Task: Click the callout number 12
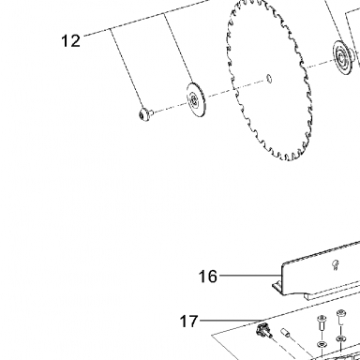[71, 41]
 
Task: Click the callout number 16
[207, 277]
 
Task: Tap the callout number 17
[188, 322]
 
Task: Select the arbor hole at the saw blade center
[269, 79]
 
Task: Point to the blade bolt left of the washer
[145, 114]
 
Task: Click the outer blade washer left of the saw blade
[196, 99]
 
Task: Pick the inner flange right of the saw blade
[342, 57]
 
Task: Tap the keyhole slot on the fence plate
[335, 265]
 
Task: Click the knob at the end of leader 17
[262, 330]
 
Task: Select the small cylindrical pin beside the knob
[286, 333]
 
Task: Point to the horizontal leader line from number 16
[249, 276]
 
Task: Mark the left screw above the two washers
[322, 322]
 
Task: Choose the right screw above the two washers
[340, 317]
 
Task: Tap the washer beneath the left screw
[321, 344]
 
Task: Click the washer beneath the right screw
[340, 338]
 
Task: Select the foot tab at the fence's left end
[277, 286]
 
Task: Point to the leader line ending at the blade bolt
[127, 68]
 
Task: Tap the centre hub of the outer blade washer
[193, 100]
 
